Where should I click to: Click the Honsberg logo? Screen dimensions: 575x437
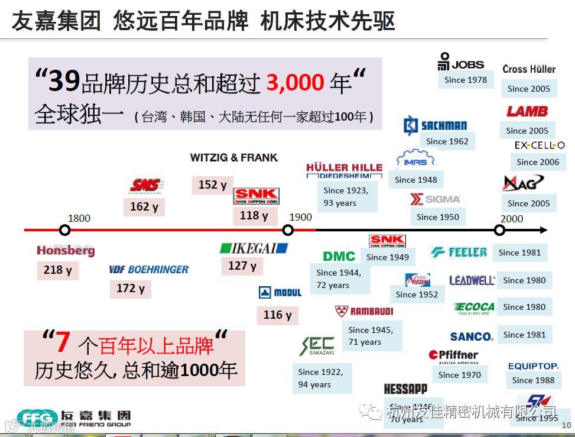(66, 251)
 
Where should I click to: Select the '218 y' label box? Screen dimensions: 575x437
(57, 270)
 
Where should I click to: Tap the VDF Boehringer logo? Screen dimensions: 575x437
(149, 269)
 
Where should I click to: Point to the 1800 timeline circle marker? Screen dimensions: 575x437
(65, 230)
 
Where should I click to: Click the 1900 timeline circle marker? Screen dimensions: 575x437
(288, 230)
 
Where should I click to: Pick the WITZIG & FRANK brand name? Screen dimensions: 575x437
(233, 158)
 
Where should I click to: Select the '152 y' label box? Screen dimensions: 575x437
(212, 185)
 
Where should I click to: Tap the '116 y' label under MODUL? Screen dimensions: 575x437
(277, 315)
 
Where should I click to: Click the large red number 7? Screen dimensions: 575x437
(63, 343)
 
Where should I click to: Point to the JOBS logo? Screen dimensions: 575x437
(461, 61)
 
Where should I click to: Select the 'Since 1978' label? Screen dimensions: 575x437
(466, 80)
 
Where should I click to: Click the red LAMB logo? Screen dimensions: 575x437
(527, 111)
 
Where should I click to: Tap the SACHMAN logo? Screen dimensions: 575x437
(436, 125)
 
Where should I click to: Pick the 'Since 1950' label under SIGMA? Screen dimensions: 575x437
(437, 217)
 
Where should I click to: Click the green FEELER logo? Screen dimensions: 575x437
(459, 253)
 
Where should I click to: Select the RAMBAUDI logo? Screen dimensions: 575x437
(364, 311)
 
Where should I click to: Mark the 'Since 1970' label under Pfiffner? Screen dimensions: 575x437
(460, 375)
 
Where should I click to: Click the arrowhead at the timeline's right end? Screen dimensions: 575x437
(543, 230)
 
